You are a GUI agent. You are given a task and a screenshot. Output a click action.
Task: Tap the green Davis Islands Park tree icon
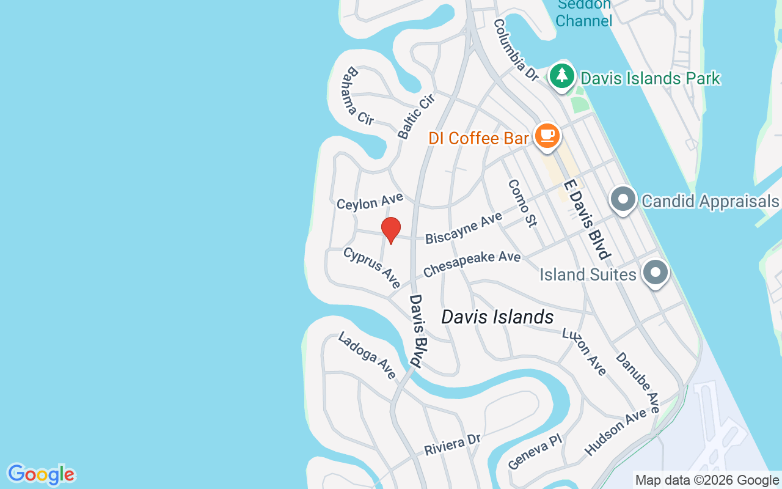tap(561, 76)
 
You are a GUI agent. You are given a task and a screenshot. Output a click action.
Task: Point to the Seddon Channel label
tap(584, 12)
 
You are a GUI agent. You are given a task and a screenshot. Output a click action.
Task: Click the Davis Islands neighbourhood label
tap(497, 317)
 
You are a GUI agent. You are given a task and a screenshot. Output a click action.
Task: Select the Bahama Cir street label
tap(358, 97)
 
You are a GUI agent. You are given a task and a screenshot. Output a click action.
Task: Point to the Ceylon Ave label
tap(370, 201)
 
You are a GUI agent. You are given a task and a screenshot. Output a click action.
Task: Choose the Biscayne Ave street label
tap(464, 228)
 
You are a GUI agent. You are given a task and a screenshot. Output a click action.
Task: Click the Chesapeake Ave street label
tap(472, 264)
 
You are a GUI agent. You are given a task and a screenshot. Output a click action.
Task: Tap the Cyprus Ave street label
tap(372, 267)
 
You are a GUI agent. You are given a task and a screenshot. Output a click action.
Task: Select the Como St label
tap(522, 203)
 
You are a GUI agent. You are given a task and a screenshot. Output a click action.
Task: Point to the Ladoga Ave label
tap(367, 355)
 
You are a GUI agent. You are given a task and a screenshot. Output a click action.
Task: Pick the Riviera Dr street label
tap(453, 444)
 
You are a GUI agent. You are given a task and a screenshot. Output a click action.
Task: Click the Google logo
tap(41, 474)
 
